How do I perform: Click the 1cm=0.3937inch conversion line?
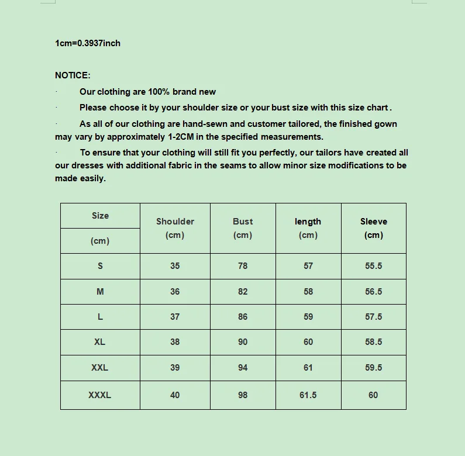tap(88, 43)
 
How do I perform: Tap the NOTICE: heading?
tap(73, 75)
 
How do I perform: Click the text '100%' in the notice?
tap(159, 92)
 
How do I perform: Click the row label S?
tap(100, 266)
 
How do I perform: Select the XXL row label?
tap(100, 368)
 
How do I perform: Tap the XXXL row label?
tap(100, 395)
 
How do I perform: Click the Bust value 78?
tap(243, 266)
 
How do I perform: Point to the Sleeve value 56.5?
tap(374, 292)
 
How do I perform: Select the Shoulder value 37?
tap(175, 317)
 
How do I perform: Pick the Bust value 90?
tap(243, 342)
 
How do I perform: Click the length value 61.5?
tap(308, 395)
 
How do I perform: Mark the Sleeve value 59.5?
tap(374, 368)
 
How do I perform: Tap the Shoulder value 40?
tap(175, 395)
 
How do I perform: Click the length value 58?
tap(308, 292)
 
